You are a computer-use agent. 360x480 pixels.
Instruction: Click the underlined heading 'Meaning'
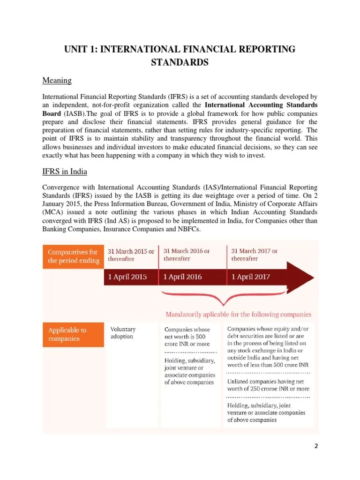(x=57, y=81)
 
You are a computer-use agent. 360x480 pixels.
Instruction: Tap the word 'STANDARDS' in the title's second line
(x=180, y=62)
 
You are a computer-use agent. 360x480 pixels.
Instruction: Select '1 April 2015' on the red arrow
(x=127, y=277)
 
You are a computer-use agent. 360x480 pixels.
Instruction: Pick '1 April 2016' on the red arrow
(x=183, y=277)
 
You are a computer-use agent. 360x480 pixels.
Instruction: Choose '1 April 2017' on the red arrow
(x=251, y=277)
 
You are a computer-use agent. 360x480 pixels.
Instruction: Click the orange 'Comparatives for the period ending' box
(x=73, y=256)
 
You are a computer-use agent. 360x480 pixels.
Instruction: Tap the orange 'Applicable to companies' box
(x=73, y=334)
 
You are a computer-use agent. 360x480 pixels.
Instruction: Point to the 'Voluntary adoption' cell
(x=122, y=333)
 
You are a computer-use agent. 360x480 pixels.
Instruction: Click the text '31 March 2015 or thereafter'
(x=131, y=255)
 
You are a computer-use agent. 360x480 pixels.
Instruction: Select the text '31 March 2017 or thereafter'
(x=254, y=255)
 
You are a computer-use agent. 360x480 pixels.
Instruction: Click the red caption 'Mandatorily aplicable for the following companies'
(x=238, y=314)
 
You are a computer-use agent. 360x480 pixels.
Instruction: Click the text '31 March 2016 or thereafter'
(x=187, y=255)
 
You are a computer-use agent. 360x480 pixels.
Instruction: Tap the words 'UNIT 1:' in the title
(x=80, y=50)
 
